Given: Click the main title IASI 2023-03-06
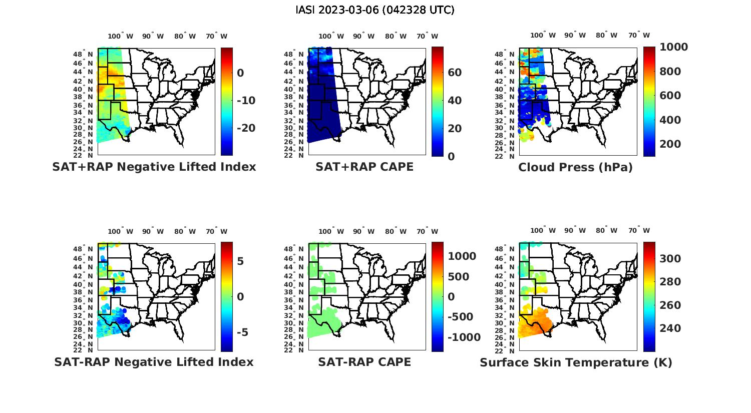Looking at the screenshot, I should pos(375,10).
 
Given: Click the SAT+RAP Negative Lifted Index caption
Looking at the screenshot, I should pos(154,167).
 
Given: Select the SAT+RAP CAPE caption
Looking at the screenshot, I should pos(364,167).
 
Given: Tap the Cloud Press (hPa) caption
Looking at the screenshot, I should pos(575,167).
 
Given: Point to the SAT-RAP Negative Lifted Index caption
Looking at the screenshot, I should pos(154,362).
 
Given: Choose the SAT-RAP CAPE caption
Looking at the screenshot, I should pos(364,362).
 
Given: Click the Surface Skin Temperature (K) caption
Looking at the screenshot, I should pos(576,362).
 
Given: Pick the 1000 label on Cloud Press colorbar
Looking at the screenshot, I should pos(673,47).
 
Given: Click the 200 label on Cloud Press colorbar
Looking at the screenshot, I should pos(670,144).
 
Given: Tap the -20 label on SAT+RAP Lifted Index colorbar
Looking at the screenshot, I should pos(246,128).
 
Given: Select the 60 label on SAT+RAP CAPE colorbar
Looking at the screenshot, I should pos(455,73).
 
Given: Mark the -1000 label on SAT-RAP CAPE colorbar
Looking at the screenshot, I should pos(464,337).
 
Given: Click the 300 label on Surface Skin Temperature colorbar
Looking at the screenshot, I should pos(670,258).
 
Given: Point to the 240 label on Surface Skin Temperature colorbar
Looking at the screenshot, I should pos(670,328).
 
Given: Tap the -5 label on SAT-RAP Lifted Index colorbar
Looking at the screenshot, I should pos(240,332).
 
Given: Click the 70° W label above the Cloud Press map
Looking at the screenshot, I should pos(639,36).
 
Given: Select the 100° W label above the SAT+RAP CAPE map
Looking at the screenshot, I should pos(331,36).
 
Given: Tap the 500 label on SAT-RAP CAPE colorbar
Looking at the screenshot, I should pos(459,277).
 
